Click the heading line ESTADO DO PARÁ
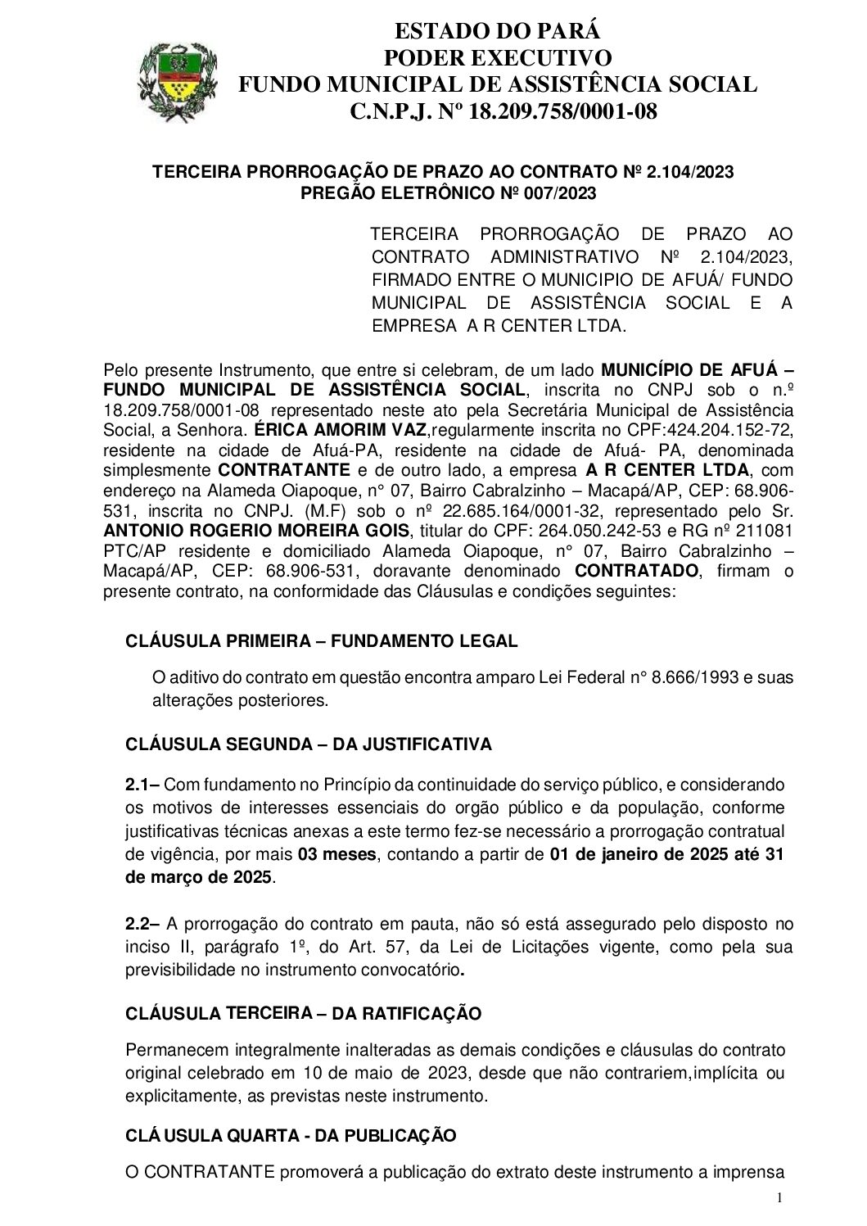(x=497, y=32)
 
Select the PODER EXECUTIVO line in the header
(x=497, y=58)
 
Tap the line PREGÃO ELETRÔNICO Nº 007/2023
(x=449, y=193)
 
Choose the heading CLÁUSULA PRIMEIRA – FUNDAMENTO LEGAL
(x=321, y=641)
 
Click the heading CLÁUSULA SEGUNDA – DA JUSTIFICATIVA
(x=309, y=744)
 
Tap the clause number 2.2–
(x=142, y=925)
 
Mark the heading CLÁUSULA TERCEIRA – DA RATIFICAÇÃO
(x=303, y=1014)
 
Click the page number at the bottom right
(x=779, y=1198)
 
